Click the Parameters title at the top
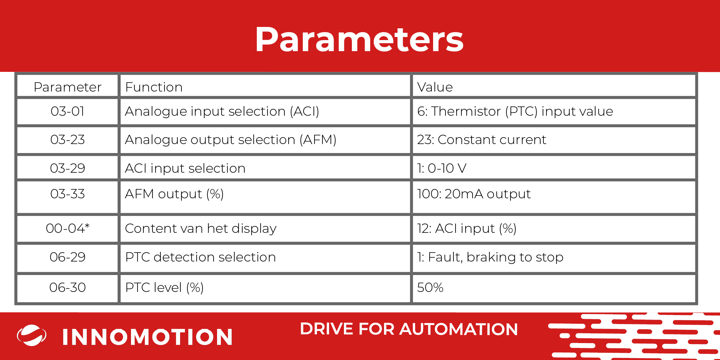coord(359,40)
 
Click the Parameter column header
coord(68,87)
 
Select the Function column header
coord(154,87)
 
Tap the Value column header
coord(435,87)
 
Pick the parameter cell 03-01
coord(68,111)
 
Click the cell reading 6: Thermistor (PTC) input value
coord(515,112)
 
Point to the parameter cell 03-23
coord(68,140)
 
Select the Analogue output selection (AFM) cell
coord(231,140)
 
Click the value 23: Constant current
coord(481,140)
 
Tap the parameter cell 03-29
coord(68,168)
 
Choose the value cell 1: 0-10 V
coord(442,168)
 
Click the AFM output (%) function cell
coord(174,194)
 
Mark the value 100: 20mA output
coord(474,194)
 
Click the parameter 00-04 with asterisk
coord(68,228)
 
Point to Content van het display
coord(201,229)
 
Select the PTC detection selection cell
coord(200,257)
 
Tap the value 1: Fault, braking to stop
coord(490,257)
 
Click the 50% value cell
coord(430,287)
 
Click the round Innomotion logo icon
coord(32,335)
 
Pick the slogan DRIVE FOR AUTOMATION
coord(409,329)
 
